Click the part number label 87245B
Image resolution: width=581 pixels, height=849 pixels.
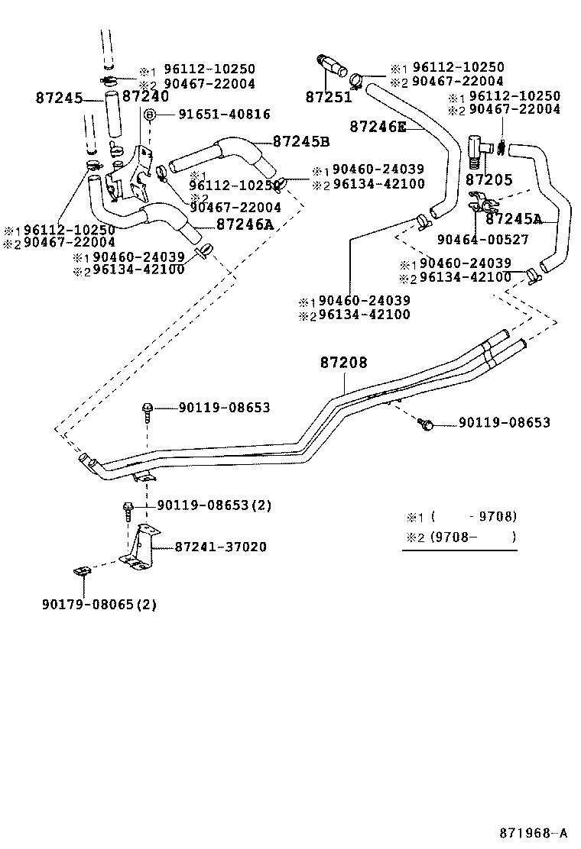pyautogui.click(x=301, y=142)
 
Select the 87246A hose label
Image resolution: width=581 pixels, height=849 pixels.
pyautogui.click(x=245, y=224)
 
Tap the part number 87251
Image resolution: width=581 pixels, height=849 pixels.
pyautogui.click(x=329, y=97)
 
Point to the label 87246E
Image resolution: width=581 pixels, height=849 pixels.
pyautogui.click(x=378, y=127)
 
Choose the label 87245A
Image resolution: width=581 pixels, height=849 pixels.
pyautogui.click(x=514, y=219)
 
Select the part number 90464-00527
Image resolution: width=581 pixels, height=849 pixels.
pyautogui.click(x=482, y=240)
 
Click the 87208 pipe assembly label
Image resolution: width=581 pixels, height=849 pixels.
pyautogui.click(x=344, y=364)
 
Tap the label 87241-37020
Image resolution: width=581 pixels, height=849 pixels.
pyautogui.click(x=221, y=547)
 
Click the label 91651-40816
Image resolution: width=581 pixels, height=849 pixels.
pyautogui.click(x=224, y=114)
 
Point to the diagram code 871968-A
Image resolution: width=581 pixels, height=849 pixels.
pyautogui.click(x=534, y=832)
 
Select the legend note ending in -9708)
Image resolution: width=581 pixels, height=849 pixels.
pyautogui.click(x=463, y=516)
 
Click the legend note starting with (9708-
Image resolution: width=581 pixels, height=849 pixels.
pyautogui.click(x=463, y=537)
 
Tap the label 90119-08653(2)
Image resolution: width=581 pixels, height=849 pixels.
pyautogui.click(x=214, y=505)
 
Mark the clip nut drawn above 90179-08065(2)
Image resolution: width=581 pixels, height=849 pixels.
pyautogui.click(x=82, y=572)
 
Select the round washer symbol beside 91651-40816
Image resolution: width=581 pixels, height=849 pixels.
pyautogui.click(x=151, y=114)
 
